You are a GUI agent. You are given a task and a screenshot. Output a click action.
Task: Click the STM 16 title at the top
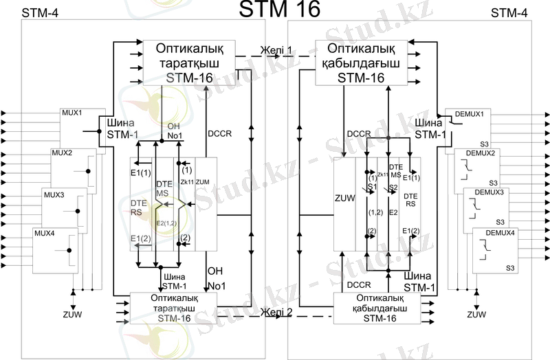(x=279, y=9)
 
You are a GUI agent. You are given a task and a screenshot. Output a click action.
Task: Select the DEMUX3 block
(x=485, y=206)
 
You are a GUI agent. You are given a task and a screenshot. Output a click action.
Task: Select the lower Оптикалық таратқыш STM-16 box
(x=173, y=307)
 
